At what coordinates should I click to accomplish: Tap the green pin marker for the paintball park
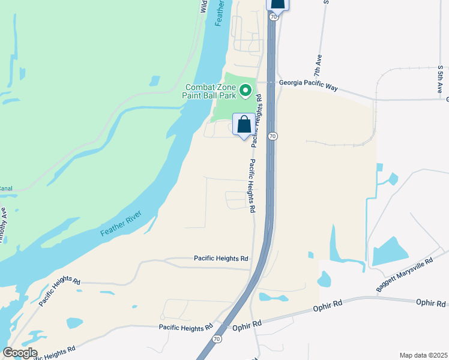245,91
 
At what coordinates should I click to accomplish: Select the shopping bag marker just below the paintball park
244,126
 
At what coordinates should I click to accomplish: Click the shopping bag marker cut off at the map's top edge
277,3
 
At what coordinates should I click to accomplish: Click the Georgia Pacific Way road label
307,85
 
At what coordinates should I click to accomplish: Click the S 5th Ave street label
440,79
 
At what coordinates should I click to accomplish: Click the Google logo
20,352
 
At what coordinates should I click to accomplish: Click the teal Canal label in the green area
5,188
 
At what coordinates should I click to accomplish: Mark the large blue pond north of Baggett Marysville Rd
390,251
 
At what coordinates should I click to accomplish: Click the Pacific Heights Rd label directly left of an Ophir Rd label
185,328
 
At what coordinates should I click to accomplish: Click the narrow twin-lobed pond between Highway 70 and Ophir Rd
273,297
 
